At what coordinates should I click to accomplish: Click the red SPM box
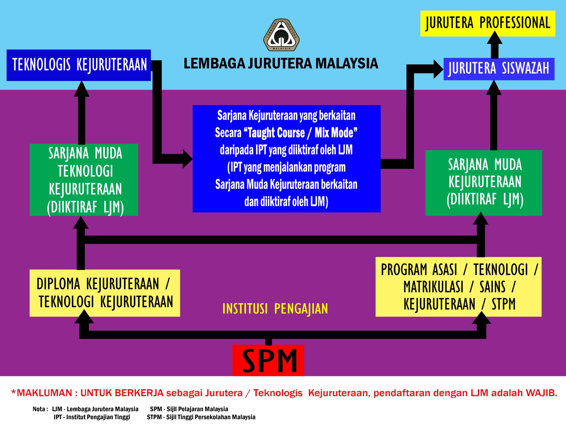click(268, 360)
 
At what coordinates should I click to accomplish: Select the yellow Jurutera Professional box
click(488, 23)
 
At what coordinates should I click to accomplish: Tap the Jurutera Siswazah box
click(499, 69)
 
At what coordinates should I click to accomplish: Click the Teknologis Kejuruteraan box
click(79, 65)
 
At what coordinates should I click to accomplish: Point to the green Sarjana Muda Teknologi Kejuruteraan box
click(84, 180)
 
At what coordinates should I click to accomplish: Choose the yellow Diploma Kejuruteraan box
click(105, 293)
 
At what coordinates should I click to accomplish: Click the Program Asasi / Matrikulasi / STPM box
click(458, 287)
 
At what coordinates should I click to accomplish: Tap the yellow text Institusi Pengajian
click(275, 309)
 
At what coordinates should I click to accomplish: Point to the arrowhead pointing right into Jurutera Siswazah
click(438, 69)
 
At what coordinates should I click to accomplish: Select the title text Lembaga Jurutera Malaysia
click(281, 63)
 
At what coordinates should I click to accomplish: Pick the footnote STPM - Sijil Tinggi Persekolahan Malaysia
click(201, 417)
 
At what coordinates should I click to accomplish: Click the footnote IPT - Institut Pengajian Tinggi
click(92, 417)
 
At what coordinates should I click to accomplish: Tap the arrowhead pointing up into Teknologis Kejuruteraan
click(82, 89)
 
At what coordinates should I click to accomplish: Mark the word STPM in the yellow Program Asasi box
click(504, 304)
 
